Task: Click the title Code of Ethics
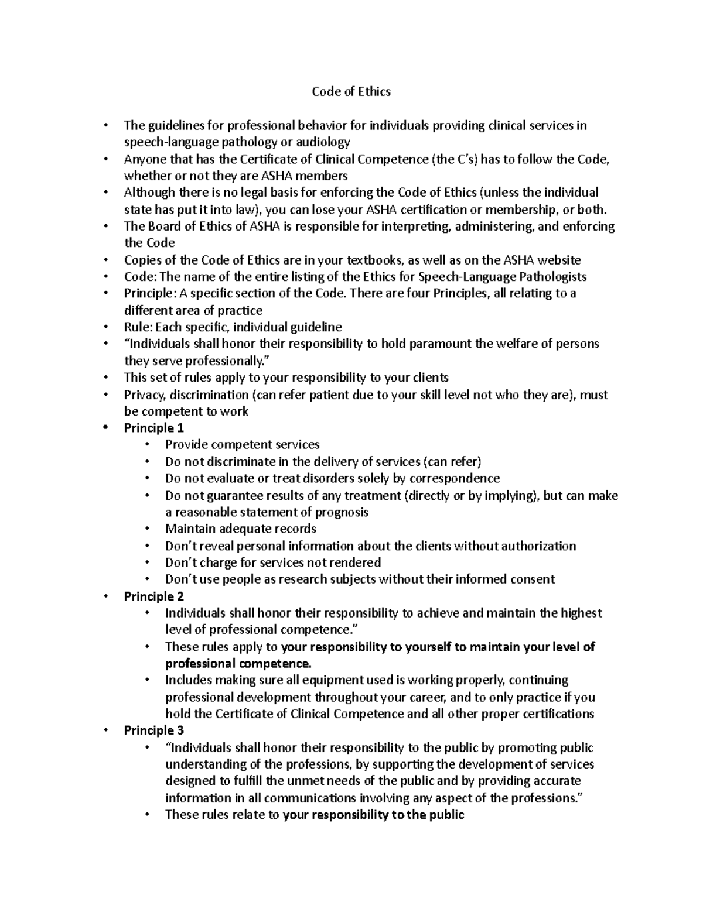pyautogui.click(x=351, y=91)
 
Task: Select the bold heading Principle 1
pyautogui.click(x=153, y=428)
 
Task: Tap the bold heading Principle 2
pyautogui.click(x=153, y=596)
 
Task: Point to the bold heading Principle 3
pyautogui.click(x=153, y=730)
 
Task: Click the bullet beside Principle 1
pyautogui.click(x=105, y=428)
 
